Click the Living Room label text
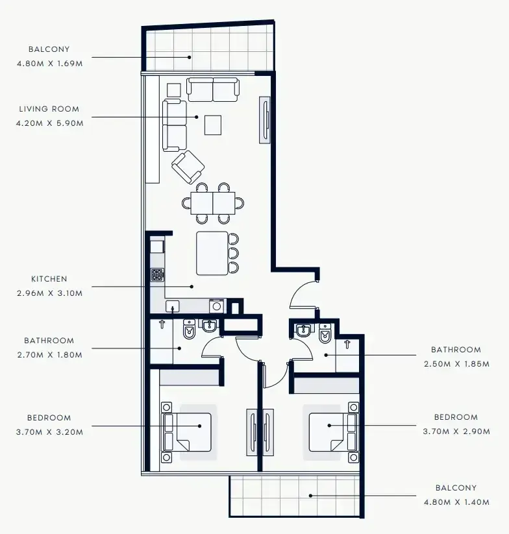click(49, 109)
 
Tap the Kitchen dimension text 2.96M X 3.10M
click(50, 293)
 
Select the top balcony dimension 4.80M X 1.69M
click(50, 64)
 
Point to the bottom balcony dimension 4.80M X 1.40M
click(456, 502)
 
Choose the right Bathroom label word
click(456, 350)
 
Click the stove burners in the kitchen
click(157, 275)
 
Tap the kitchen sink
click(173, 306)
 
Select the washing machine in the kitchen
click(217, 306)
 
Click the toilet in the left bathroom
click(189, 329)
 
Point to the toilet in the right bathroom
click(325, 333)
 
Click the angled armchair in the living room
click(188, 167)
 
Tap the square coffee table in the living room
click(213, 125)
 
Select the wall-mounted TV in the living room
click(265, 120)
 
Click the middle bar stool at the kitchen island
click(234, 254)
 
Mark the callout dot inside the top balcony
click(190, 57)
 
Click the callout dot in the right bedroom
click(329, 426)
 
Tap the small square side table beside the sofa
click(174, 90)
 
